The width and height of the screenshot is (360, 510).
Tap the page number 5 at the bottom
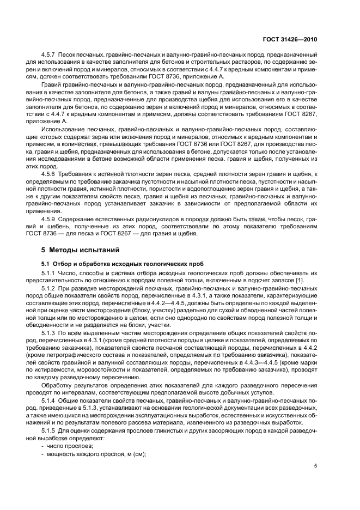pyautogui.click(x=316, y=466)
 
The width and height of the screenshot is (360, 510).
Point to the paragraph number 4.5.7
pyautogui.click(x=50, y=56)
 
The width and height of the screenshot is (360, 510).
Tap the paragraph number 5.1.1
pyautogui.click(x=50, y=274)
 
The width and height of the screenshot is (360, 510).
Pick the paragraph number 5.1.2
pyautogui.click(x=50, y=293)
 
